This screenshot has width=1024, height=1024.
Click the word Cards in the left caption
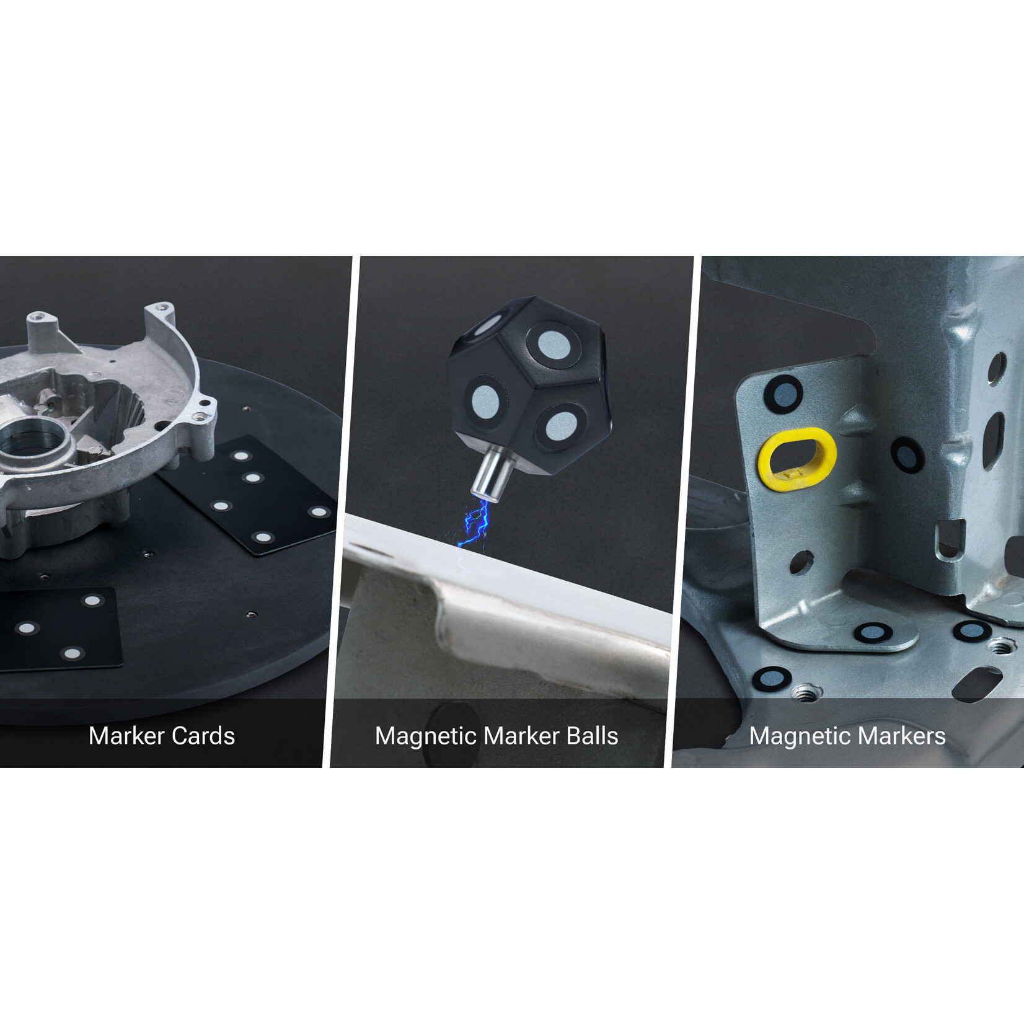coord(203,736)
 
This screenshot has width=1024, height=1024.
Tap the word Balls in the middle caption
coord(592,736)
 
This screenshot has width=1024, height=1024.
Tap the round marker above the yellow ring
coord(783,393)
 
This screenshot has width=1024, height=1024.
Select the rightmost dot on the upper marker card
coord(319,511)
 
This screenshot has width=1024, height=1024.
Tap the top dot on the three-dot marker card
coord(92,600)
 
